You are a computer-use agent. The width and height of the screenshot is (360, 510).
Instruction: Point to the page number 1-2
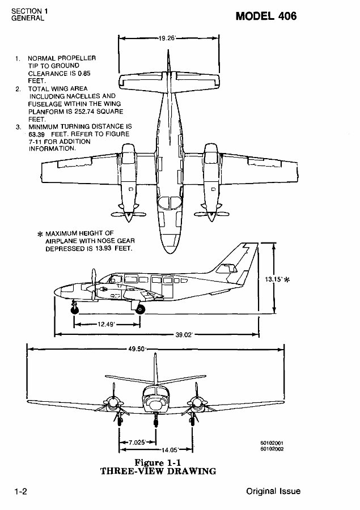point(22,491)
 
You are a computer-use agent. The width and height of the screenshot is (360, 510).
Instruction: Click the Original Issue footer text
point(273,491)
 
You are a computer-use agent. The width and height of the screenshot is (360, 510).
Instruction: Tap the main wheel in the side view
point(139,309)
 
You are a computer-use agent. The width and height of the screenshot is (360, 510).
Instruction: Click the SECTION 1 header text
point(27,11)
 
